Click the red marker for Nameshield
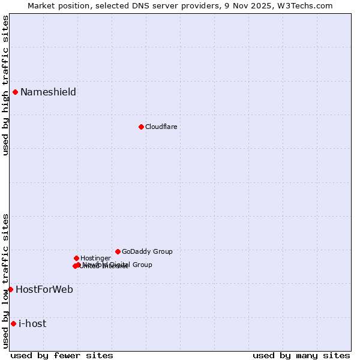pyautogui.click(x=15, y=92)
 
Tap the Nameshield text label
pyautogui.click(x=48, y=92)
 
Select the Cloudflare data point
pyautogui.click(x=141, y=127)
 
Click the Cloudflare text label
pyautogui.click(x=161, y=127)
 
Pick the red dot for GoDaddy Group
pyautogui.click(x=118, y=251)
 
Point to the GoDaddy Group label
pyautogui.click(x=147, y=252)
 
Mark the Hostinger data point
pyautogui.click(x=76, y=258)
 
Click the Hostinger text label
pyautogui.click(x=95, y=259)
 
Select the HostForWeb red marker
pyautogui.click(x=10, y=289)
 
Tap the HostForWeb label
pyautogui.click(x=44, y=290)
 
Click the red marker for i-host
pyautogui.click(x=13, y=323)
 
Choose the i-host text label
pyautogui.click(x=32, y=324)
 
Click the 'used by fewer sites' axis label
pyautogui.click(x=62, y=355)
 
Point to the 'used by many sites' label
pyautogui.click(x=301, y=355)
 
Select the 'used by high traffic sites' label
pyautogui.click(x=5, y=85)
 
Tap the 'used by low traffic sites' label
pyautogui.click(x=5, y=281)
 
